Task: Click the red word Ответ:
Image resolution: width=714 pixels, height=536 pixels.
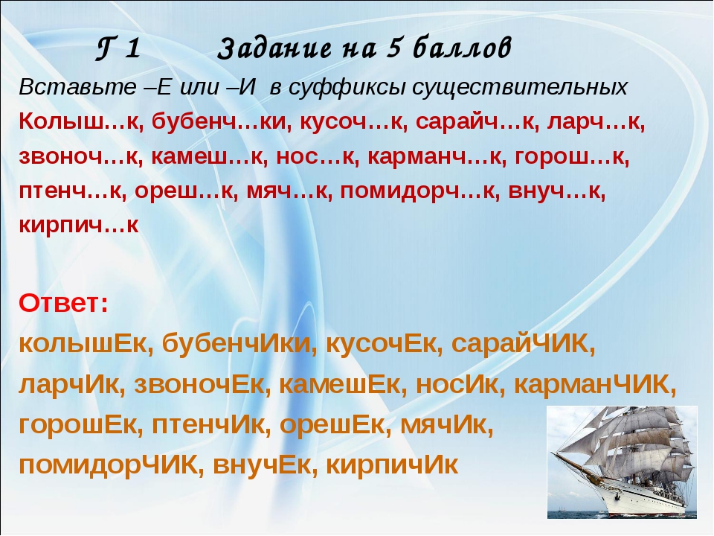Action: [x=64, y=303]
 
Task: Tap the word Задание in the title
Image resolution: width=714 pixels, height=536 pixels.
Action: [x=274, y=48]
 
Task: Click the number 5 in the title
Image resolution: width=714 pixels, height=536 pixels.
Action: [x=393, y=48]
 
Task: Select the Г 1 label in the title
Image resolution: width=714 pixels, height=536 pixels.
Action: [x=118, y=48]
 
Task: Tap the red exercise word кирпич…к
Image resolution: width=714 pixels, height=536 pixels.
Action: [x=79, y=225]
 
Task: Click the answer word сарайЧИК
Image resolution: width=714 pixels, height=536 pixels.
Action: [x=523, y=344]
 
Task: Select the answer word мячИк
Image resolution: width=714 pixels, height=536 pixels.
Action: [x=446, y=425]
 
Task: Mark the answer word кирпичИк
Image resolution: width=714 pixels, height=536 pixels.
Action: [x=392, y=465]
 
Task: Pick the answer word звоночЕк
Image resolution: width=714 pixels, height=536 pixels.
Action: [x=199, y=384]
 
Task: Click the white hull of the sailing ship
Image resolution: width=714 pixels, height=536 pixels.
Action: [x=637, y=497]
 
